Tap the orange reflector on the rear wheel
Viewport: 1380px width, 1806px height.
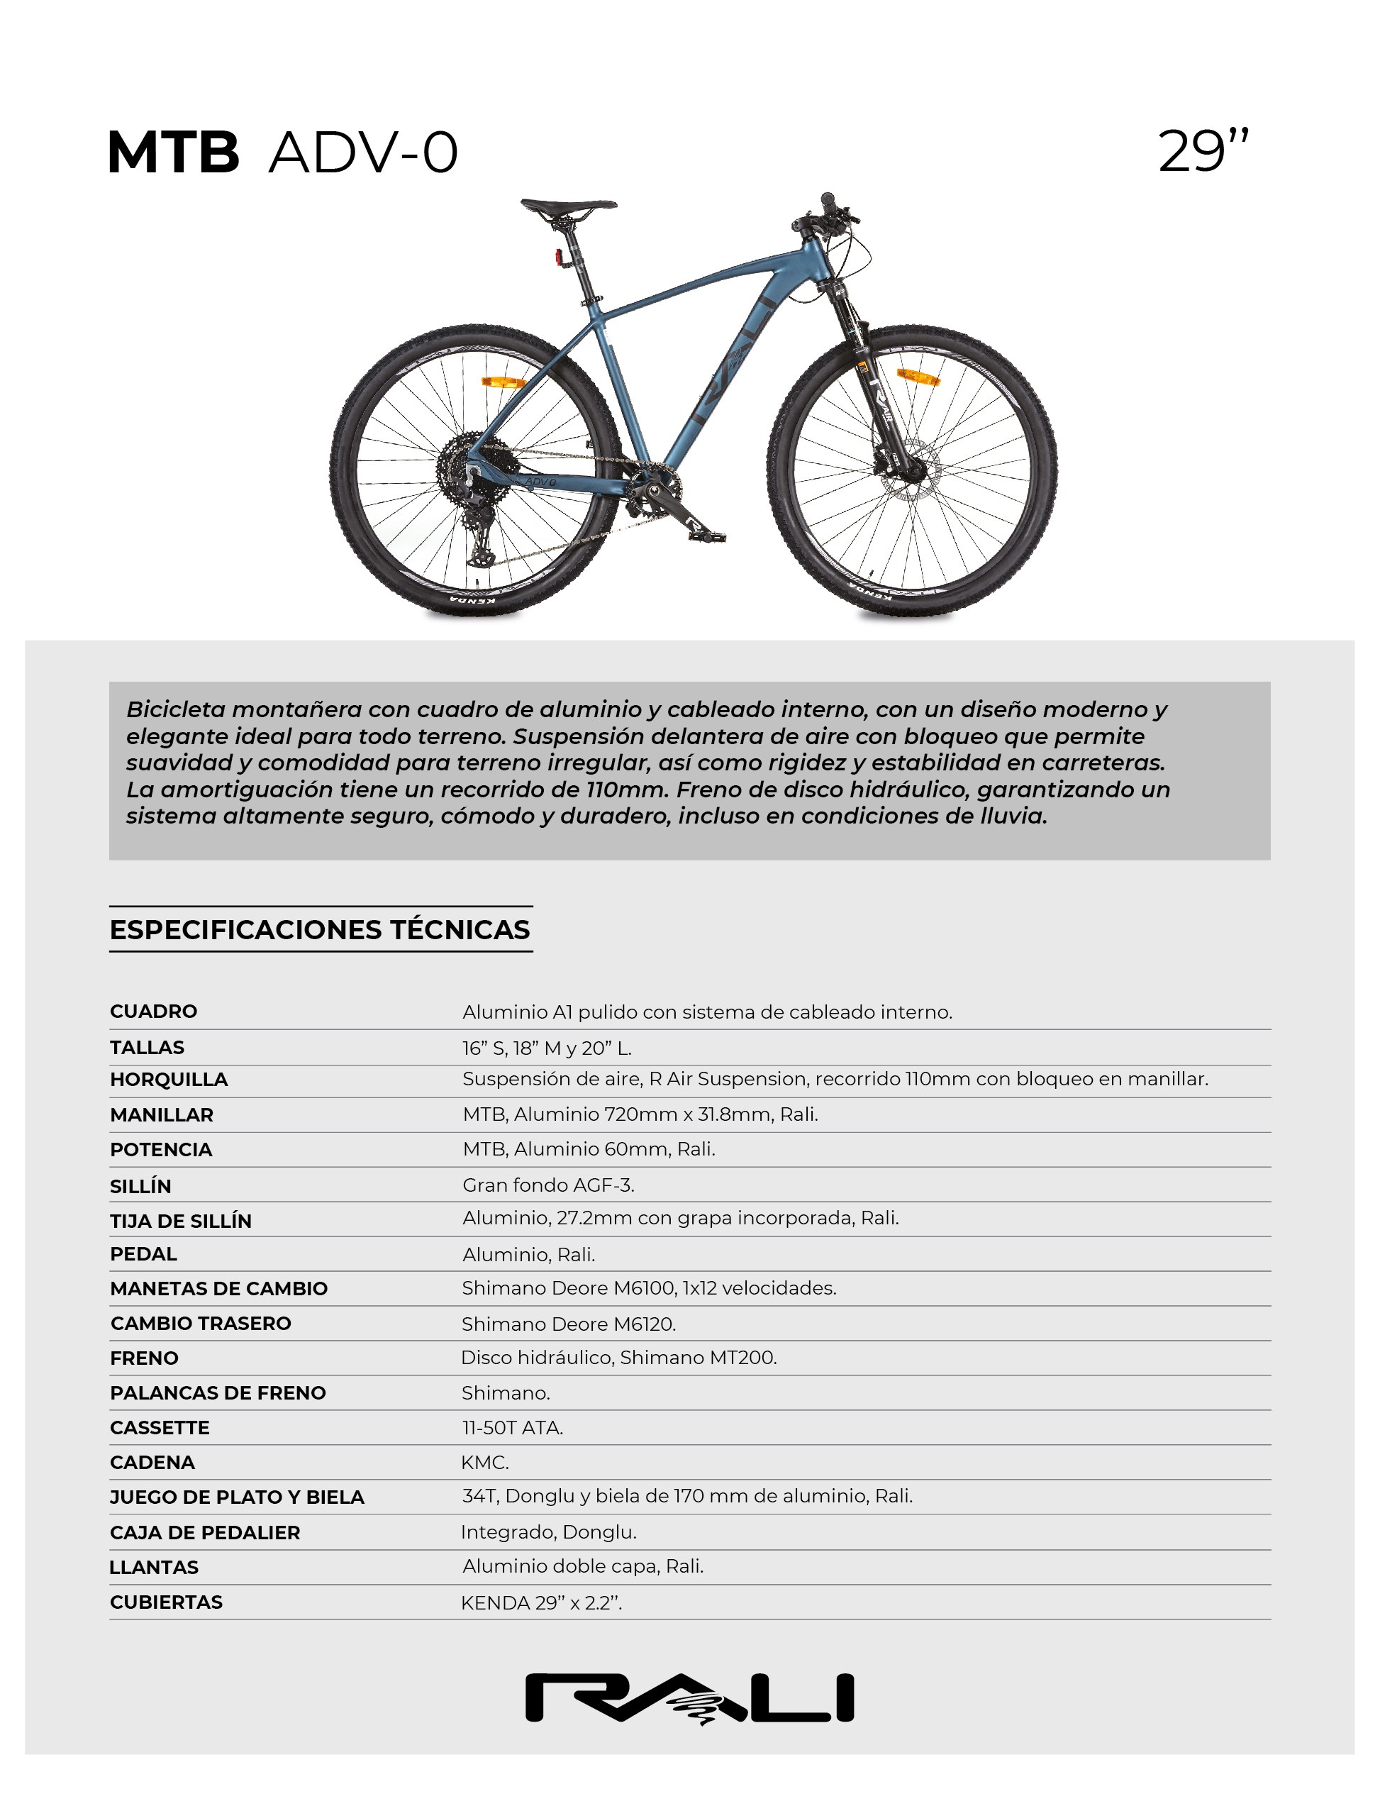tap(503, 382)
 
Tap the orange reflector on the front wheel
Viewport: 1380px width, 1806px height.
tap(918, 377)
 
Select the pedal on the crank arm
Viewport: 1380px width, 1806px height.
tap(707, 536)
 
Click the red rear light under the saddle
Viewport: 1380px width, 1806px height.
tap(559, 257)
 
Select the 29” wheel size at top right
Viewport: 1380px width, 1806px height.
tap(1203, 151)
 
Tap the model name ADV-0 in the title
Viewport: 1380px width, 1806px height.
tap(363, 153)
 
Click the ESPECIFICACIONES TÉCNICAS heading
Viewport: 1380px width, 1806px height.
tap(320, 929)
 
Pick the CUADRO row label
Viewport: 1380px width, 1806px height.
tap(154, 1012)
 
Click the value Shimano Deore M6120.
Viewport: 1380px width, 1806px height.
tap(569, 1324)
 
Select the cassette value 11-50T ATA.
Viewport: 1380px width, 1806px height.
tap(513, 1428)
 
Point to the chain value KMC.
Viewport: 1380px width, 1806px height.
tap(484, 1463)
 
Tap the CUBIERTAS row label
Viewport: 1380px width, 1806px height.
tap(166, 1602)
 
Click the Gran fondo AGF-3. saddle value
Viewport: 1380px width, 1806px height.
tap(548, 1185)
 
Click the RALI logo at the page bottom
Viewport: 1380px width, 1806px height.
tap(689, 1697)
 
